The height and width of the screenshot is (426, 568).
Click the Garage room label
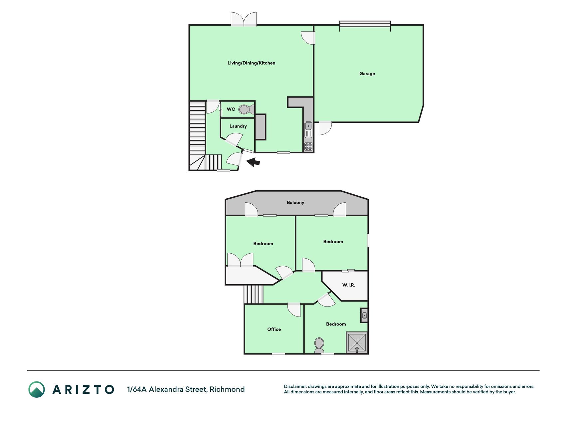point(367,74)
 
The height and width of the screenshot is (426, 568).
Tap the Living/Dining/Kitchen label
point(251,63)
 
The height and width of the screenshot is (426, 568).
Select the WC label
point(231,109)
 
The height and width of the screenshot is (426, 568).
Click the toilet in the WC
point(247,109)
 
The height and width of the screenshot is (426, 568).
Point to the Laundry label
point(238,126)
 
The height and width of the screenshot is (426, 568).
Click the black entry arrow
point(253,162)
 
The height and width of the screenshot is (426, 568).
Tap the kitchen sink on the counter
point(308,126)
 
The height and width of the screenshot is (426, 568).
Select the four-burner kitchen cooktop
point(308,146)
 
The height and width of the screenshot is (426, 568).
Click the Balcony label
point(295,202)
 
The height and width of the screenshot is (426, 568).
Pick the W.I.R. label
point(349,285)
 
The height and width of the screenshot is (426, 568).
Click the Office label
point(274,329)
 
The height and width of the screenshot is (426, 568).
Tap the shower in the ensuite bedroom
point(357,342)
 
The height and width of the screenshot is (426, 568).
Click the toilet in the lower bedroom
point(319,345)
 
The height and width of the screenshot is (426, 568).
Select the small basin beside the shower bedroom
point(364,315)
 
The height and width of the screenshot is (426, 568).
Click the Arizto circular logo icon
point(37,389)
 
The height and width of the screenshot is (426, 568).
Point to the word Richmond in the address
point(227,389)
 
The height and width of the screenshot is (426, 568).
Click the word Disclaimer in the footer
point(295,386)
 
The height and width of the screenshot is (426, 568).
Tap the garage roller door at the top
point(365,24)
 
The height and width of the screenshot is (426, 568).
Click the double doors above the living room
point(244,19)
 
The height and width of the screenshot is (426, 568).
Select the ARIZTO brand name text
point(83,389)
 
